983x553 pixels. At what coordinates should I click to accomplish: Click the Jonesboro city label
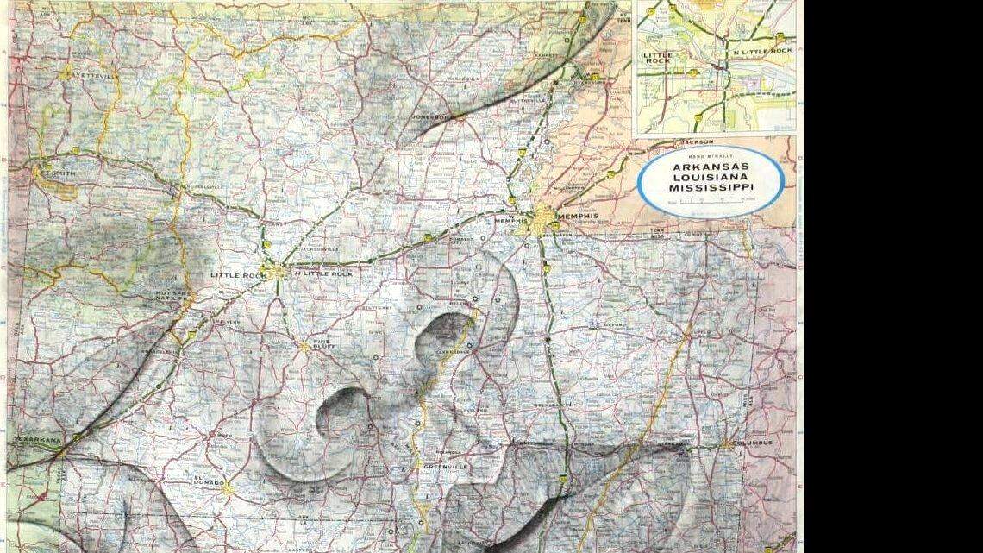(x=430, y=116)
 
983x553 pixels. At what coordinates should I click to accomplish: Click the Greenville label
(x=445, y=467)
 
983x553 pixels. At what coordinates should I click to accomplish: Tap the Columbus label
(x=751, y=443)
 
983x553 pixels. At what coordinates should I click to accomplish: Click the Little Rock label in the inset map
(x=658, y=58)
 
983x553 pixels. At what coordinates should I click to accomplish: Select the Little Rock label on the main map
(x=235, y=274)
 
